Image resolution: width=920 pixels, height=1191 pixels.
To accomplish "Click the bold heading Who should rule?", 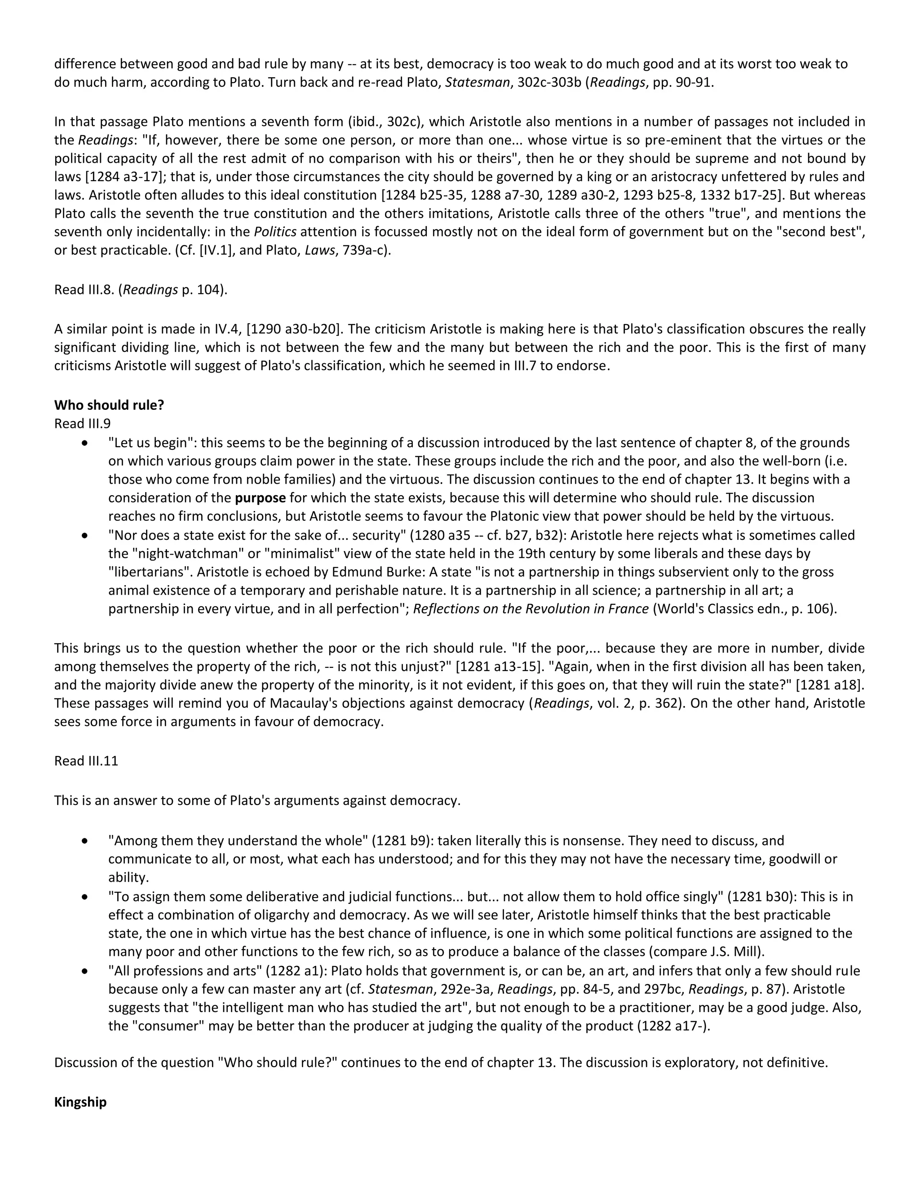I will point(109,405).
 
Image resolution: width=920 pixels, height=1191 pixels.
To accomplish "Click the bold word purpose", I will point(260,498).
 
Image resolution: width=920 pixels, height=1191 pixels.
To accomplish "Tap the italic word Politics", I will point(275,232).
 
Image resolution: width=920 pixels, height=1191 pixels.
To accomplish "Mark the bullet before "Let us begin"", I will point(84,443).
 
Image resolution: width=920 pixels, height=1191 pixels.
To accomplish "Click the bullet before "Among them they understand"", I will point(84,841).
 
